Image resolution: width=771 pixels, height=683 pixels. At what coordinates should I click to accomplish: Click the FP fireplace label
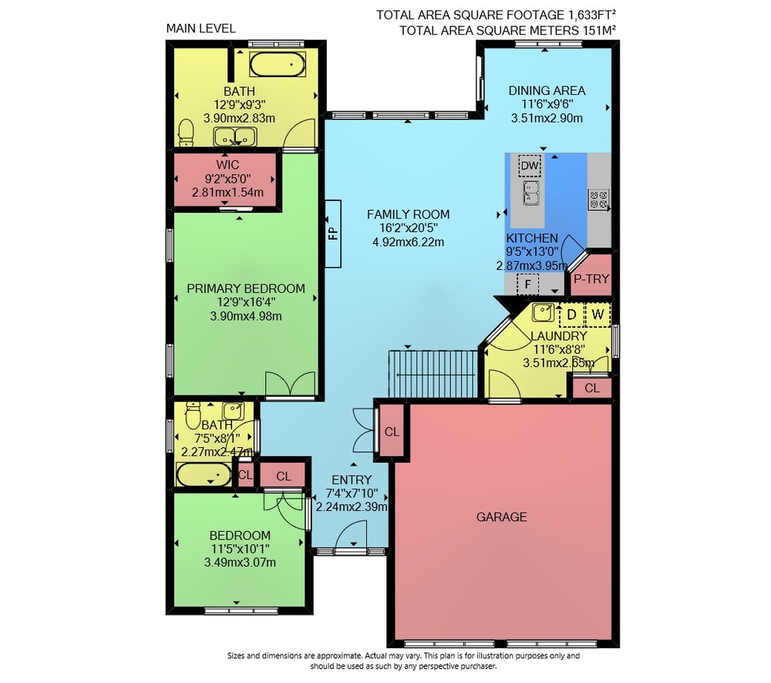tap(333, 233)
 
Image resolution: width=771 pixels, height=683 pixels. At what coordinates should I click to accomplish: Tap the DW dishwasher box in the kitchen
tap(530, 165)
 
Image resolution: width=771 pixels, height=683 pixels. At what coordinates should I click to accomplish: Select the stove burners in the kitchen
tap(598, 199)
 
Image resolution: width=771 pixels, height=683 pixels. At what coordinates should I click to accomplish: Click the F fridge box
tap(527, 284)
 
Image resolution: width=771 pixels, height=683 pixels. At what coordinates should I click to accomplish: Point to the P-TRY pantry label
tap(591, 279)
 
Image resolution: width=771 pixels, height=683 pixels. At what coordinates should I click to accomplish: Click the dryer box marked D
tap(571, 315)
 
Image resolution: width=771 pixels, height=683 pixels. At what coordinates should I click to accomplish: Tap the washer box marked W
tap(598, 315)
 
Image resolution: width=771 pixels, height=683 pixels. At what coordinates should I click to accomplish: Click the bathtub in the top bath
tap(278, 65)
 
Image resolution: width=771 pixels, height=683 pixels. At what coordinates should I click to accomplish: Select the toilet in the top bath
tap(186, 133)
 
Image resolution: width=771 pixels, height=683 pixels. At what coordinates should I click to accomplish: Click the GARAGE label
tap(502, 516)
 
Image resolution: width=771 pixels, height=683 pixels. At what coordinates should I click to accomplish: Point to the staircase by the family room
tap(433, 374)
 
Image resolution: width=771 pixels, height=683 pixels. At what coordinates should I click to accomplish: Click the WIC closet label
tap(227, 165)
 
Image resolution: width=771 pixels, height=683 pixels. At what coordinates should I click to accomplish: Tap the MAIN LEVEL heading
tap(200, 29)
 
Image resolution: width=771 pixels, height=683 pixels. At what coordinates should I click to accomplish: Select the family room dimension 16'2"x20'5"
tap(408, 228)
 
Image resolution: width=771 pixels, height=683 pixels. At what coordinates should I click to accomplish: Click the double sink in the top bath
tap(235, 136)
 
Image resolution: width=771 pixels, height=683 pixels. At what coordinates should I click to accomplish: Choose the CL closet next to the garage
tap(392, 432)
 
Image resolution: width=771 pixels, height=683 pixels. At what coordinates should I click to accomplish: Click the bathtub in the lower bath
tap(204, 475)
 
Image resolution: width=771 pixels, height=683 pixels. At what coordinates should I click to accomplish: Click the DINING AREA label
tap(547, 90)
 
